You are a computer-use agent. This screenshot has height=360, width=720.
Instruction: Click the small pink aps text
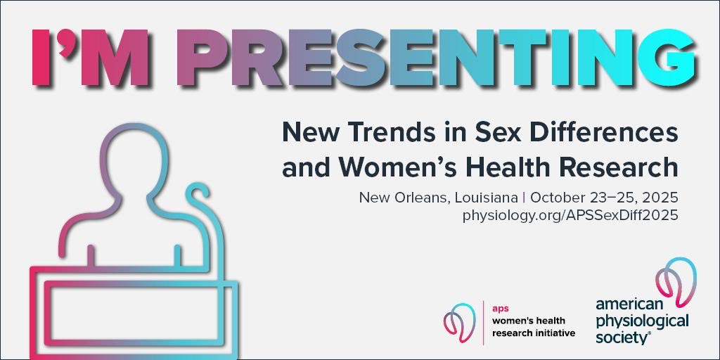pos(499,308)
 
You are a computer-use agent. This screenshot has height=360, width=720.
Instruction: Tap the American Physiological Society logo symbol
pos(674,281)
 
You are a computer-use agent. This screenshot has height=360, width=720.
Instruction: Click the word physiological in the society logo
pos(642,321)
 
